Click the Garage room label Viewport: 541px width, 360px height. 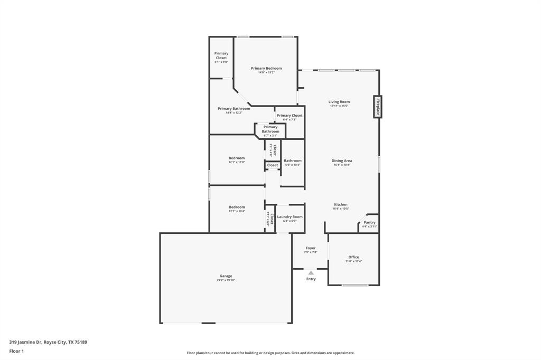tap(226, 276)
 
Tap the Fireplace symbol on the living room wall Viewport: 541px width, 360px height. tap(378, 107)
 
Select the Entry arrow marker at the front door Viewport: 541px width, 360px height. tap(311, 273)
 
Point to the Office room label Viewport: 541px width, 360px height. tap(353, 257)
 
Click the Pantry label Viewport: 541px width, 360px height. tap(369, 222)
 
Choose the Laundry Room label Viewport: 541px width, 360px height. tap(290, 216)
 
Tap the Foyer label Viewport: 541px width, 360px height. tap(311, 248)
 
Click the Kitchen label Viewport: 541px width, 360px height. tap(340, 204)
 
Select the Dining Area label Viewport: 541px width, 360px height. tap(342, 160)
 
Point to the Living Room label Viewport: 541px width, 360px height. tap(339, 102)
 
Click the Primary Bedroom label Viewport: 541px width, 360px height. tap(266, 68)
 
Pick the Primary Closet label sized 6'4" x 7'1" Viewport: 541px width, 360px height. tap(290, 115)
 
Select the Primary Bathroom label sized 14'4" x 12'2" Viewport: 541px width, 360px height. tap(234, 108)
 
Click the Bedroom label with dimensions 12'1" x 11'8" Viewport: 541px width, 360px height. tap(237, 158)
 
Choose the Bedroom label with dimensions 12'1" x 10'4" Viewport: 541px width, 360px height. tap(237, 207)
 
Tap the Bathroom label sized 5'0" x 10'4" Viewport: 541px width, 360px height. tap(293, 160)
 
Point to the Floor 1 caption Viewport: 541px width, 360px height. tap(16, 351)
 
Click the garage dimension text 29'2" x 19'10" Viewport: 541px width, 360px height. tap(226, 280)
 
